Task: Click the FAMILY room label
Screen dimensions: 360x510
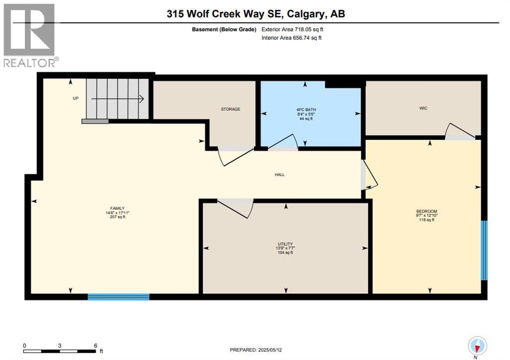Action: pos(118,208)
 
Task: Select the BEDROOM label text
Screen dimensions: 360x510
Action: pos(426,211)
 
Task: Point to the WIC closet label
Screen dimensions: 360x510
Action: pos(423,108)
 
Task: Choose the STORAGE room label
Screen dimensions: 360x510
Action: pos(231,109)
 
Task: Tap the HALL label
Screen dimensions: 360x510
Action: pos(279,174)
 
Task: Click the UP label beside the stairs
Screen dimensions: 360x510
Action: pos(76,98)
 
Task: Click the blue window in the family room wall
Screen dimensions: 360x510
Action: pos(119,297)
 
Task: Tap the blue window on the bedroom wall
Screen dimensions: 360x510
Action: pos(484,250)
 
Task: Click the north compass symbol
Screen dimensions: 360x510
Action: pos(477,346)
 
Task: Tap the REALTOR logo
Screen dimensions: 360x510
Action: pos(30,35)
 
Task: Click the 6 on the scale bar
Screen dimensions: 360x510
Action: pos(95,345)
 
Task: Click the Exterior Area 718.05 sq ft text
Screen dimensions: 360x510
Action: pos(295,29)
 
